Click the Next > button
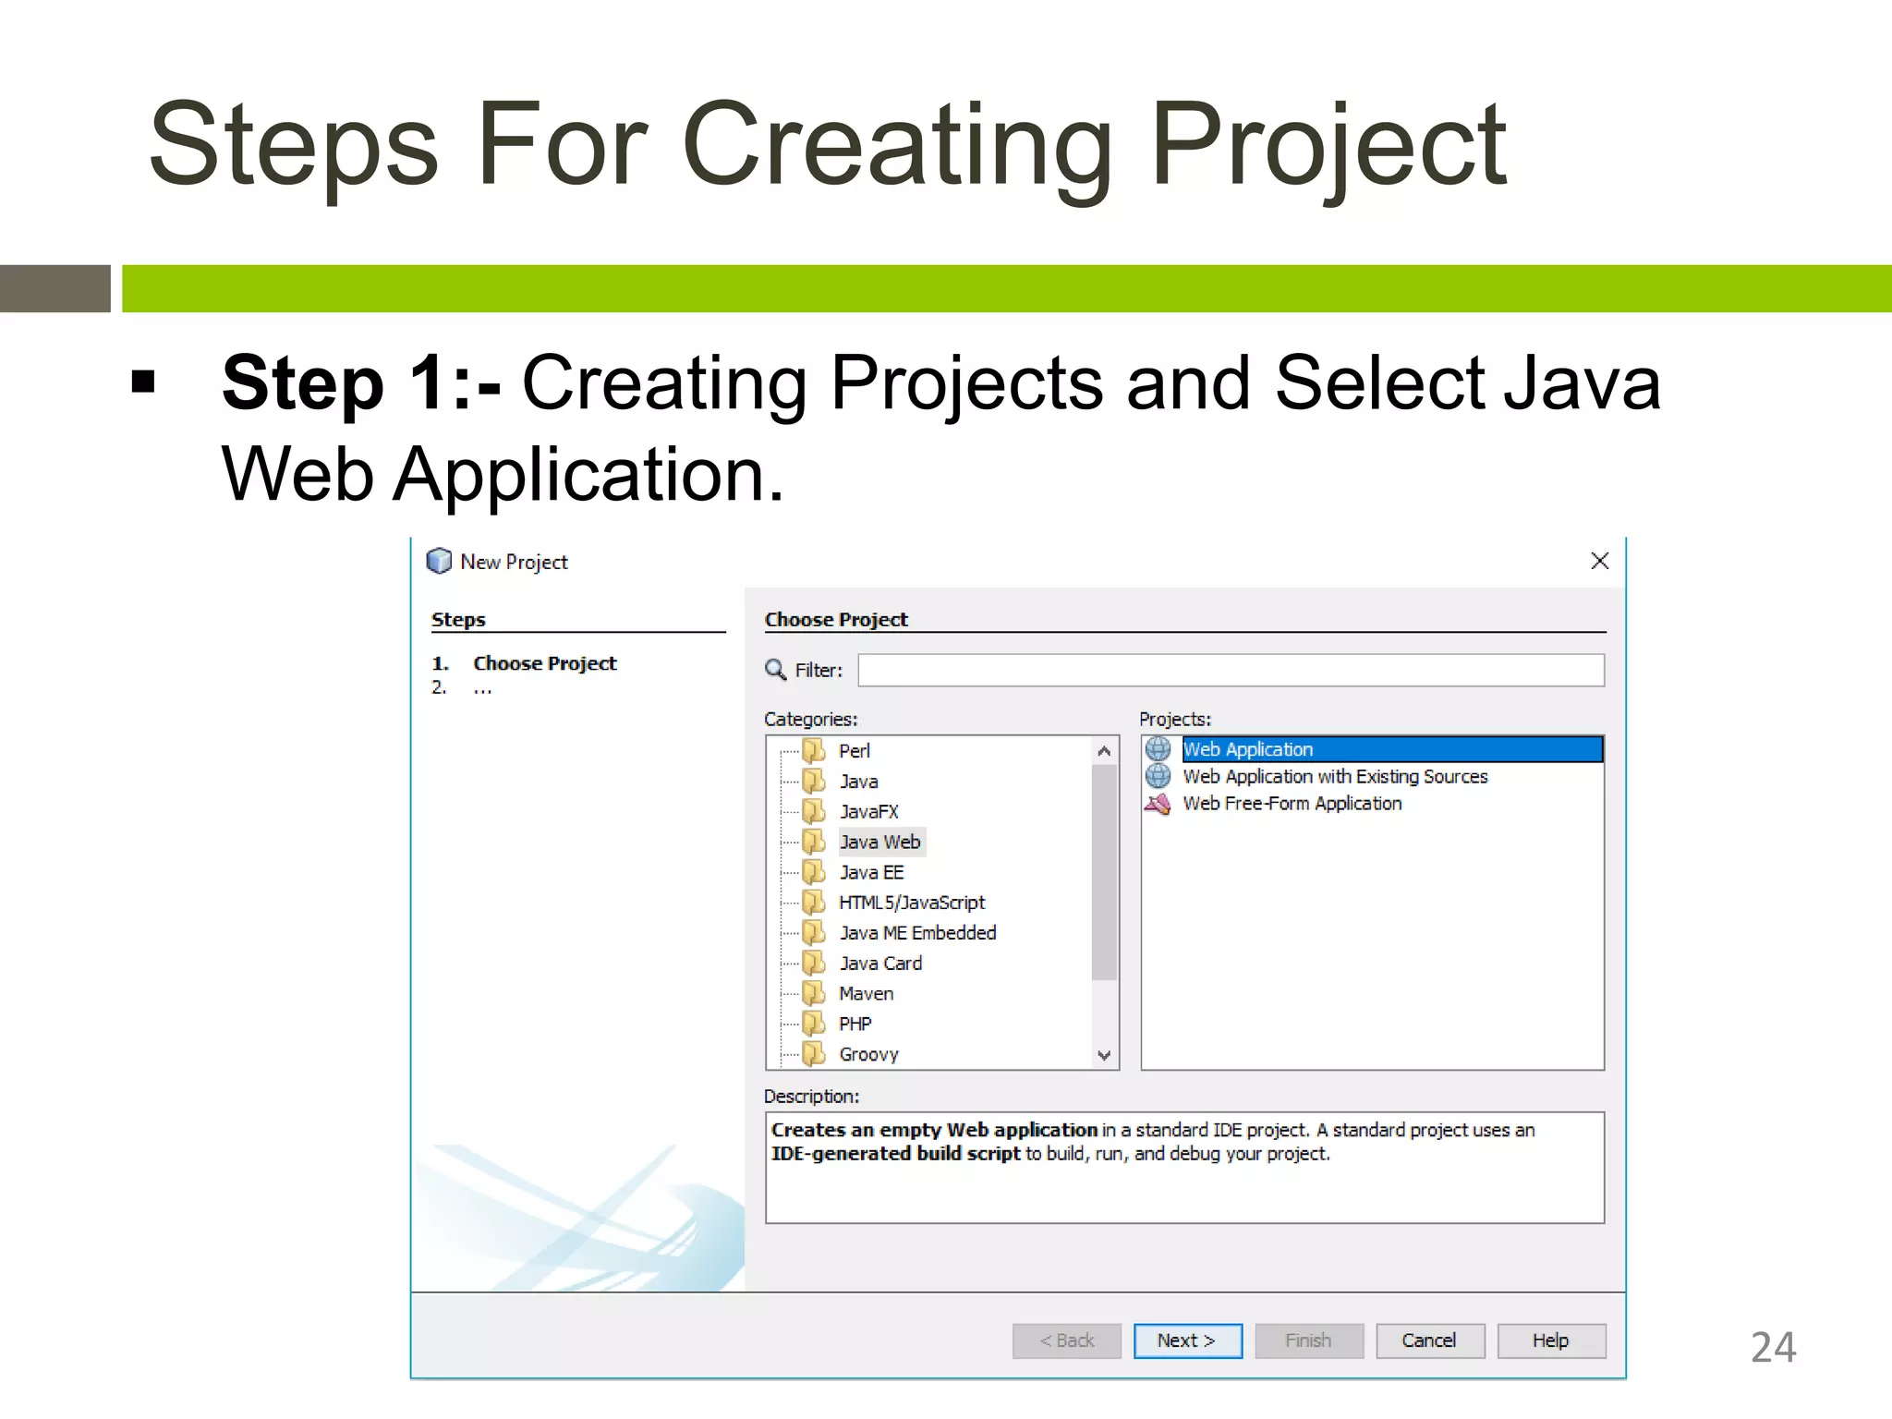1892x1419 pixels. tap(1187, 1340)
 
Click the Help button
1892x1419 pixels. tap(1550, 1340)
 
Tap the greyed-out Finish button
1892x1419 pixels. tap(1308, 1340)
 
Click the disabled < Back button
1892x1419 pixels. tap(1066, 1340)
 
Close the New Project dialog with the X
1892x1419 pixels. tap(1600, 561)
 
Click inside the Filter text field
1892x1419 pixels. tap(1231, 670)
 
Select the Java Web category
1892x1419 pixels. tap(879, 842)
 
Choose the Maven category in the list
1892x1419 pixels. tap(866, 994)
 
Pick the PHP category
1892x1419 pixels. tap(855, 1024)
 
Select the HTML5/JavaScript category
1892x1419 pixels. tap(912, 903)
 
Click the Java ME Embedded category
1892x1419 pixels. tap(917, 933)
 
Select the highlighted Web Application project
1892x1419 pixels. tap(1248, 749)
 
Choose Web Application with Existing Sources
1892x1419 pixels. tap(1335, 777)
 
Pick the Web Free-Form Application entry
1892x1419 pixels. tap(1292, 804)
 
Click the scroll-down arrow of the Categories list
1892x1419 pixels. tap(1104, 1055)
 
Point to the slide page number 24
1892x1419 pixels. tap(1773, 1347)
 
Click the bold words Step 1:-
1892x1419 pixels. tap(361, 382)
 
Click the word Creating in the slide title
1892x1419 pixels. tap(897, 146)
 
